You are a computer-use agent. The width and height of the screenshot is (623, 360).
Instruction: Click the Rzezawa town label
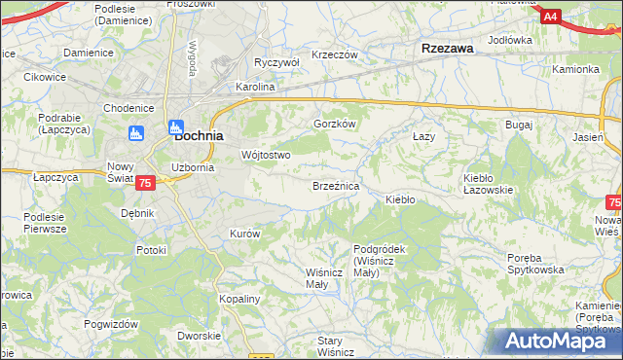point(447,48)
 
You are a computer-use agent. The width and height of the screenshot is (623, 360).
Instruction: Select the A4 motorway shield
point(552,16)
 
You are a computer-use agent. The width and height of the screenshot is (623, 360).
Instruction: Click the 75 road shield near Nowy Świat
point(145,183)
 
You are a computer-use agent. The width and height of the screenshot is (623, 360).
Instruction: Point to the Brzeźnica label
point(336,185)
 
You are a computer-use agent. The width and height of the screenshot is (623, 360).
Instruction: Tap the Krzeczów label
point(336,54)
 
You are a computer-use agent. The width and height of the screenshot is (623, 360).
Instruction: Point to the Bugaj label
point(518,126)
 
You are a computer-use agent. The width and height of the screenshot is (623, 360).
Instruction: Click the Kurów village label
point(244,234)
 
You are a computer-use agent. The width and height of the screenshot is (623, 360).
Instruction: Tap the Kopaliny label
point(239,299)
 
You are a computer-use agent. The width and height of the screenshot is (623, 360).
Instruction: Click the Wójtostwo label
point(266,155)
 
